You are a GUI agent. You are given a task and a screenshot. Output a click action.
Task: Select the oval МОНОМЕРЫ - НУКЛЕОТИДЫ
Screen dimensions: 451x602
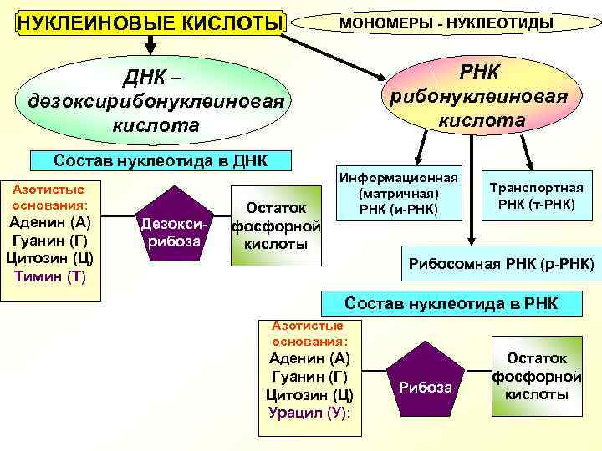click(445, 22)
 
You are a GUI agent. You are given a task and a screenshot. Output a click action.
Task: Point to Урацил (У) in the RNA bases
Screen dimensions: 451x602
click(309, 412)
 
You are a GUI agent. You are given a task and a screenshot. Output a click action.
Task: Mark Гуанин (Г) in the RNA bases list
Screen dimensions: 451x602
click(309, 376)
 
